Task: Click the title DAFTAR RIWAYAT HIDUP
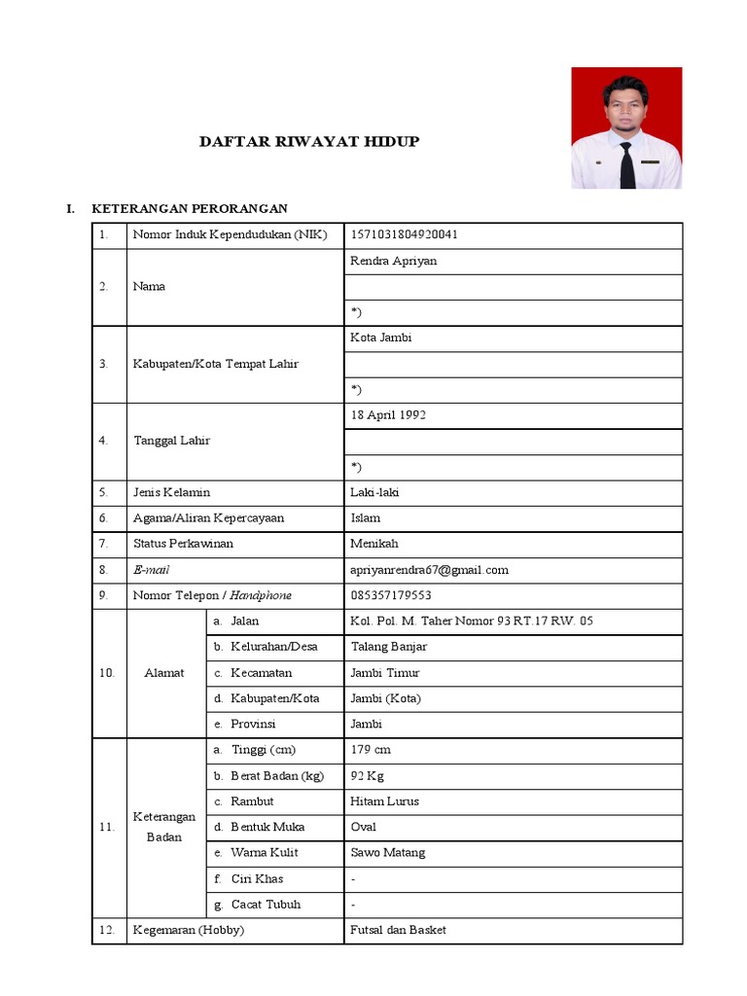coord(309,141)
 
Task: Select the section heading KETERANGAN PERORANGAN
coord(189,209)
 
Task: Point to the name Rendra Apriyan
coord(393,261)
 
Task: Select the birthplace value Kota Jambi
coord(380,338)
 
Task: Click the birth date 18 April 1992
coord(387,414)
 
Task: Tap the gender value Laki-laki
coord(374,492)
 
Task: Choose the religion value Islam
coord(365,517)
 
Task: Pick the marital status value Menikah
coord(373,544)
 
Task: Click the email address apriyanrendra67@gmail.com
coord(429,570)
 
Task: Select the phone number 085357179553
coord(390,595)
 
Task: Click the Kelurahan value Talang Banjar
coord(388,647)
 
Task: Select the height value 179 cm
coord(370,750)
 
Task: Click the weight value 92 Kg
coord(368,776)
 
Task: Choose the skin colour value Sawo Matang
coord(387,853)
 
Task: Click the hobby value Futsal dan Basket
coord(398,930)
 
